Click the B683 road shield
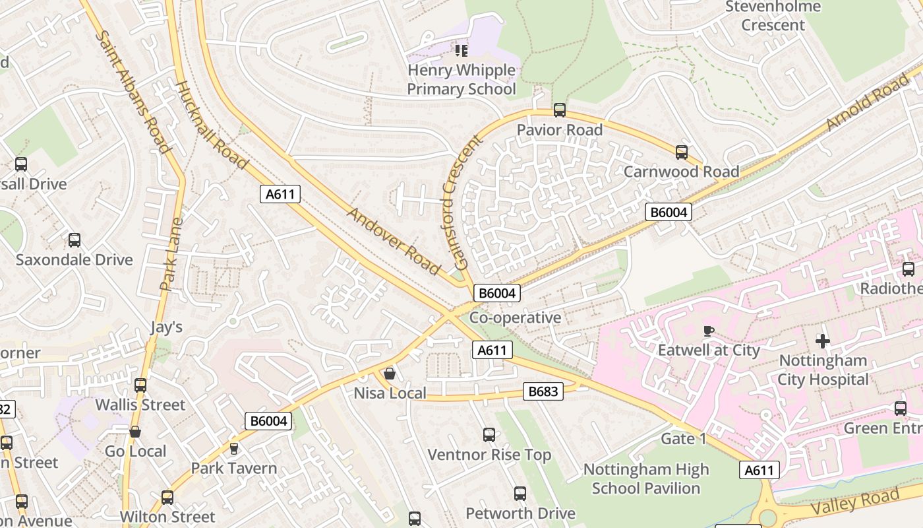coord(543,391)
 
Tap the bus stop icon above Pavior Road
coord(559,110)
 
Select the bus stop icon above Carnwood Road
coord(681,152)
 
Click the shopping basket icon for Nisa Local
coord(390,374)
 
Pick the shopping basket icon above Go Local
coord(135,432)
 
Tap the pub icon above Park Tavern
coord(233,449)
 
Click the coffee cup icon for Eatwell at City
coord(709,331)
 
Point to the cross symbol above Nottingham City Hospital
coord(822,341)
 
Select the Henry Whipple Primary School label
coord(461,79)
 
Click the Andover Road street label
coord(394,241)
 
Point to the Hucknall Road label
coord(212,125)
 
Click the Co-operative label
coord(515,317)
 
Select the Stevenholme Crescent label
coord(773,16)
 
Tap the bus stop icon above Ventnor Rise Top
coord(489,435)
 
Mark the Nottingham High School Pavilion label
coord(646,478)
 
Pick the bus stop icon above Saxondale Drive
coord(74,240)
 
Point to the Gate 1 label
coord(683,439)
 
